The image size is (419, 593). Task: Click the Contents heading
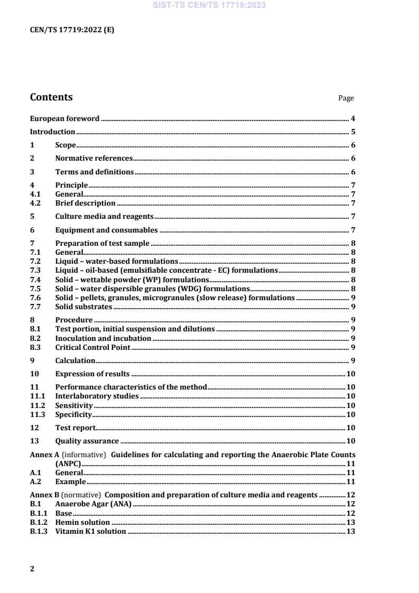51,97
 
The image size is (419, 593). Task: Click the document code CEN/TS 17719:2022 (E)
72,30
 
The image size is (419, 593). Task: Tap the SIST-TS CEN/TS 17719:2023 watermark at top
209,6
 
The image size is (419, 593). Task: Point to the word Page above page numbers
346,98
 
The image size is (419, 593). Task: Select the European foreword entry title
64,118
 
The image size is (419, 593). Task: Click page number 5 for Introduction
352,132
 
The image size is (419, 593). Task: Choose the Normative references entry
94,158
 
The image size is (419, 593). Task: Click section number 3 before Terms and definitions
32,172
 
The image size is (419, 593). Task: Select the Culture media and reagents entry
104,216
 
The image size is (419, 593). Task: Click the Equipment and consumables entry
106,230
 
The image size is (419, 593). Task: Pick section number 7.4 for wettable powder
35,280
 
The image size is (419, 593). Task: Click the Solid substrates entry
83,307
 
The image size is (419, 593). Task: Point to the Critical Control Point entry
92,347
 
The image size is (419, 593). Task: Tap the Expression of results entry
92,374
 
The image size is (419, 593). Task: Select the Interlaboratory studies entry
97,396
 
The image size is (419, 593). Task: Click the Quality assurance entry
87,441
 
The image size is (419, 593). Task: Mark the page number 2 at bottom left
32,569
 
